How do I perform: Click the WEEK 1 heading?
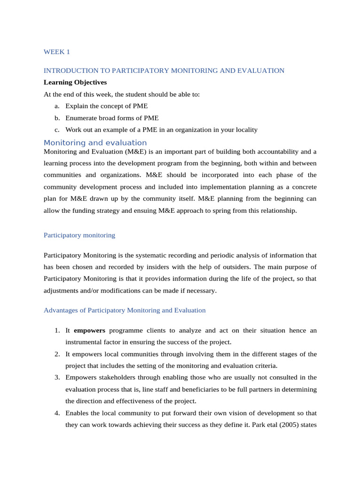[56, 52]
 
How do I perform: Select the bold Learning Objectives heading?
[75, 82]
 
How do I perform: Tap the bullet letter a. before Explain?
[56, 106]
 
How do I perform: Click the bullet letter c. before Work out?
[56, 130]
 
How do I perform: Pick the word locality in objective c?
[245, 130]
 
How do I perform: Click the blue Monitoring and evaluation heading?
[95, 143]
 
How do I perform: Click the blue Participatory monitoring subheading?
[79, 235]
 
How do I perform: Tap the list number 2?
[56, 354]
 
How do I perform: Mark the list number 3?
[56, 377]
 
